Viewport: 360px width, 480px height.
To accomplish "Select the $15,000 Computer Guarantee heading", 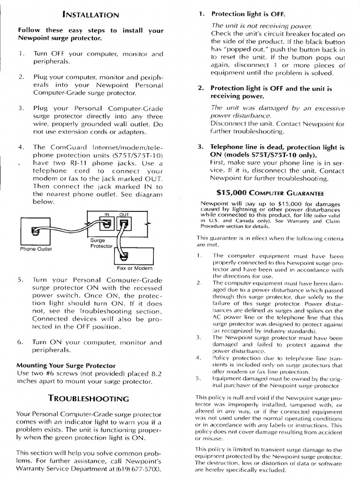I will click(270, 192).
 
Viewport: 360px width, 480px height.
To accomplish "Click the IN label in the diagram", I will click(106, 214).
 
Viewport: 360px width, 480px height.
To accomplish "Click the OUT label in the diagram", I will click(124, 214).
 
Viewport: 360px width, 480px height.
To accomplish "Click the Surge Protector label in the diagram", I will click(101, 242).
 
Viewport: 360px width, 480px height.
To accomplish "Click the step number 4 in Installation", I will click(21, 147).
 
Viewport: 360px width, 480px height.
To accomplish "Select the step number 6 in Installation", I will click(21, 342).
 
